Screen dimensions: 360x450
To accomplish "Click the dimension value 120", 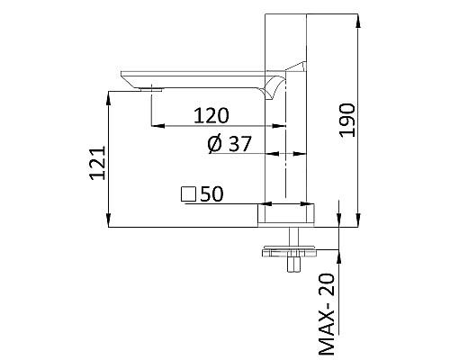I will pyautogui.click(x=211, y=115).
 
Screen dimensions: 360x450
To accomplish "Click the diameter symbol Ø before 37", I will pyautogui.click(x=214, y=144).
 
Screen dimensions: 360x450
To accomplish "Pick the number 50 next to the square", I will pyautogui.click(x=211, y=193).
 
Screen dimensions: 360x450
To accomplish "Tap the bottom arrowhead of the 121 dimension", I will pyautogui.click(x=110, y=224).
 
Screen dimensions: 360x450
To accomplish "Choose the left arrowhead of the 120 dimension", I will pyautogui.click(x=156, y=126).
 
